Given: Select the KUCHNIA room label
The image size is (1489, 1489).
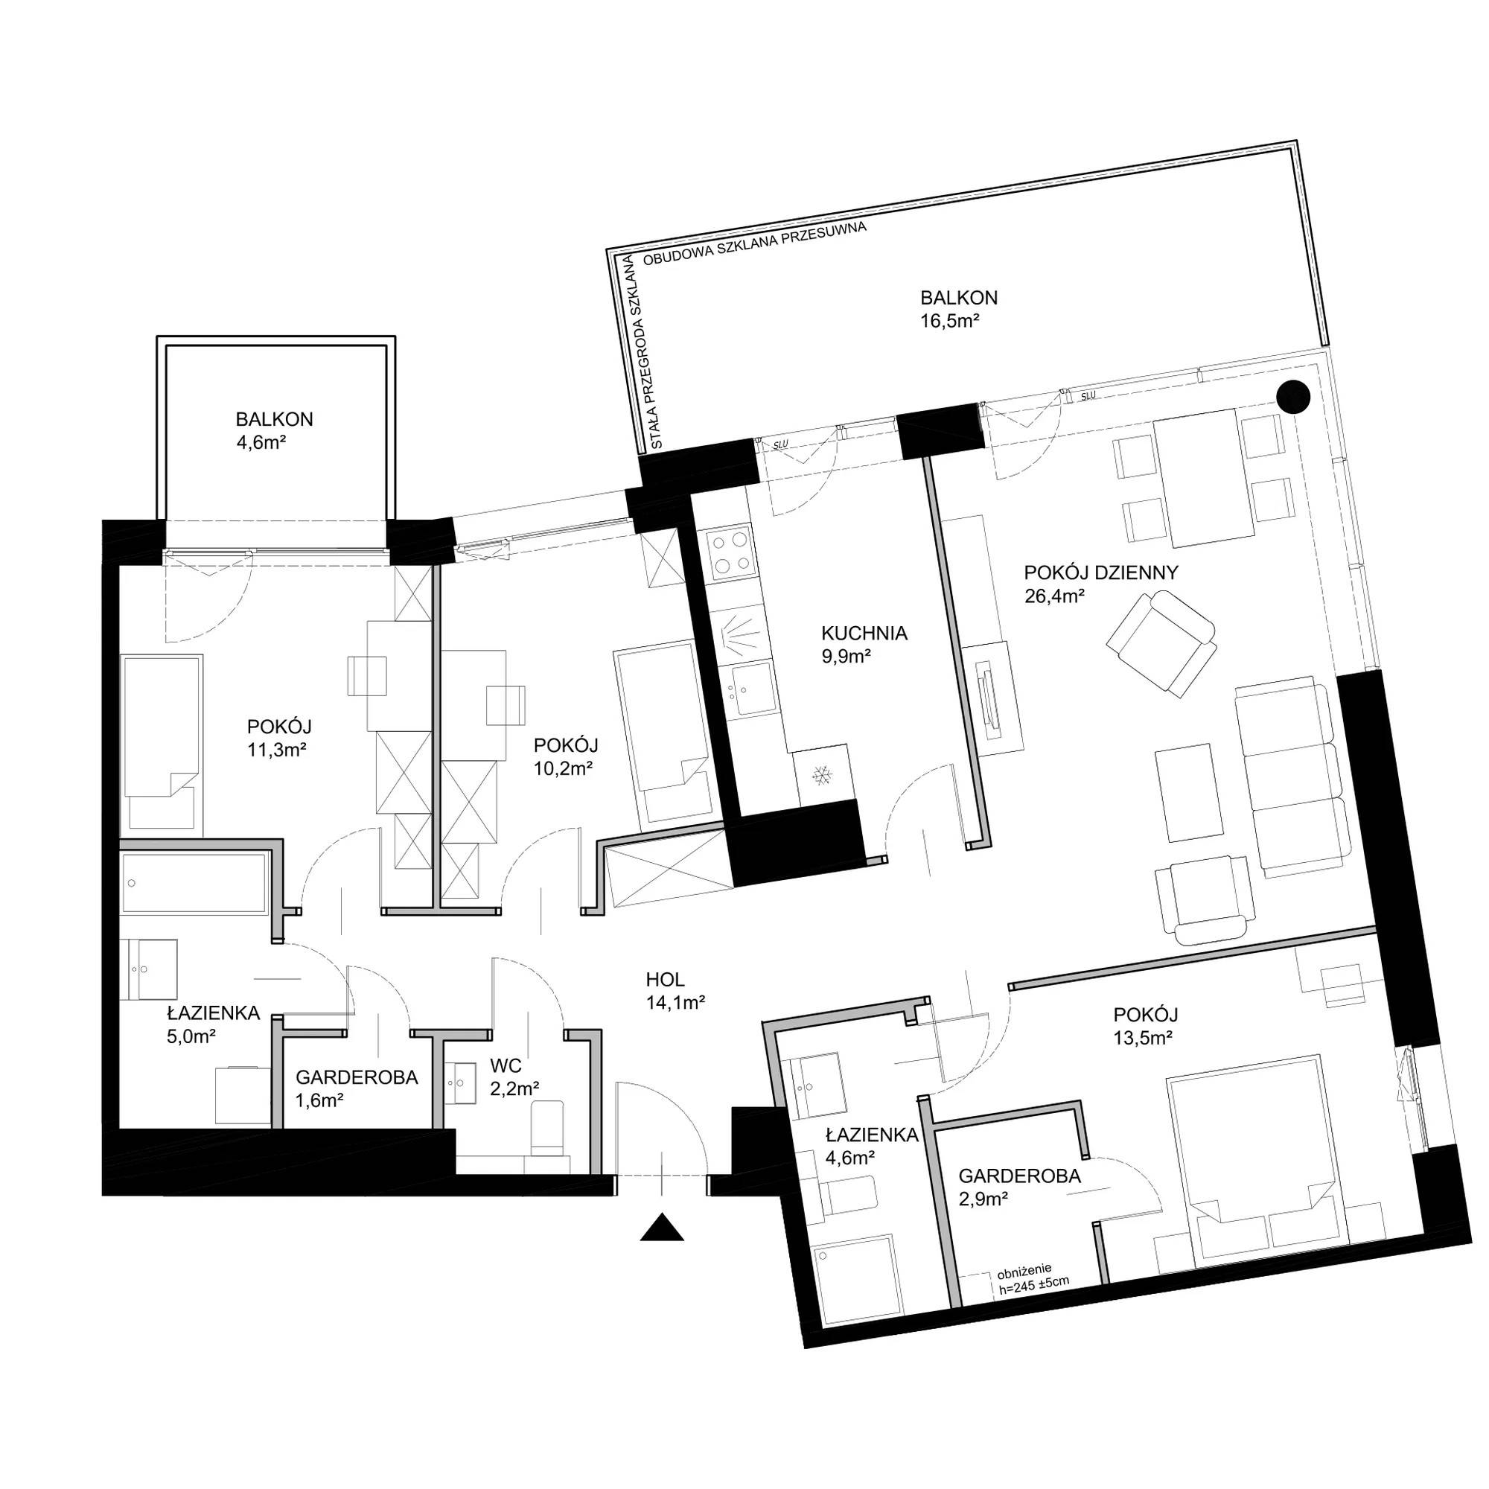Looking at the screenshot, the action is coord(864,634).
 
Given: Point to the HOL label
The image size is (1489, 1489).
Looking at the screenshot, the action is coord(666,980).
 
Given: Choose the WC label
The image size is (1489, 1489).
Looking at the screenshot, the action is coord(506,1066).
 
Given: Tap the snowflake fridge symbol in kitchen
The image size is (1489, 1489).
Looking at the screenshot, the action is coord(823,775).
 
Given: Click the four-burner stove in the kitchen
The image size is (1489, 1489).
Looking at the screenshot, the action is coord(730,552).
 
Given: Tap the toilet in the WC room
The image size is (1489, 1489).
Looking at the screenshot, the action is coord(549,1129).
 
